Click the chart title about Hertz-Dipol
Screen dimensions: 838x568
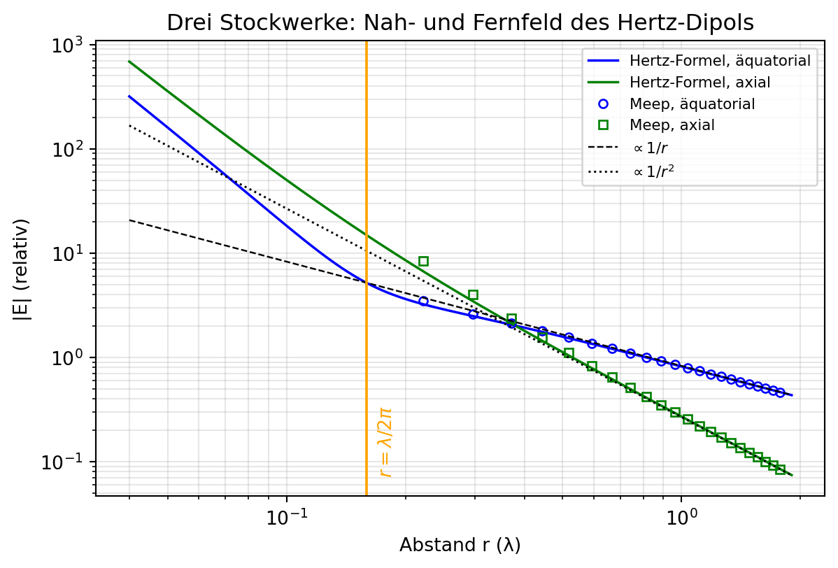click(460, 22)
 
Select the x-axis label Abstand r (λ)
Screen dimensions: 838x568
click(460, 545)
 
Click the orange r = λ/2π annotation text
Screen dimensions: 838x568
click(385, 442)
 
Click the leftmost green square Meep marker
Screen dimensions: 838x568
click(423, 262)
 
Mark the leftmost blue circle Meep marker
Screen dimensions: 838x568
click(423, 301)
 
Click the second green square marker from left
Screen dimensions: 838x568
click(473, 295)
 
